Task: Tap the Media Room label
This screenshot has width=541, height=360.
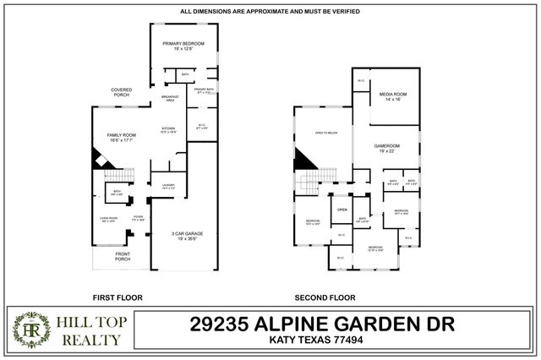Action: tap(393, 95)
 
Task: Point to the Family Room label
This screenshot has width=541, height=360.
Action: tap(122, 138)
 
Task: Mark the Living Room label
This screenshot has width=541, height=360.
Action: tap(105, 219)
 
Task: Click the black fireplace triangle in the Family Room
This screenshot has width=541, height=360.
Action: tap(98, 158)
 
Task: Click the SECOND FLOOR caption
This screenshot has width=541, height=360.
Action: tap(324, 297)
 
